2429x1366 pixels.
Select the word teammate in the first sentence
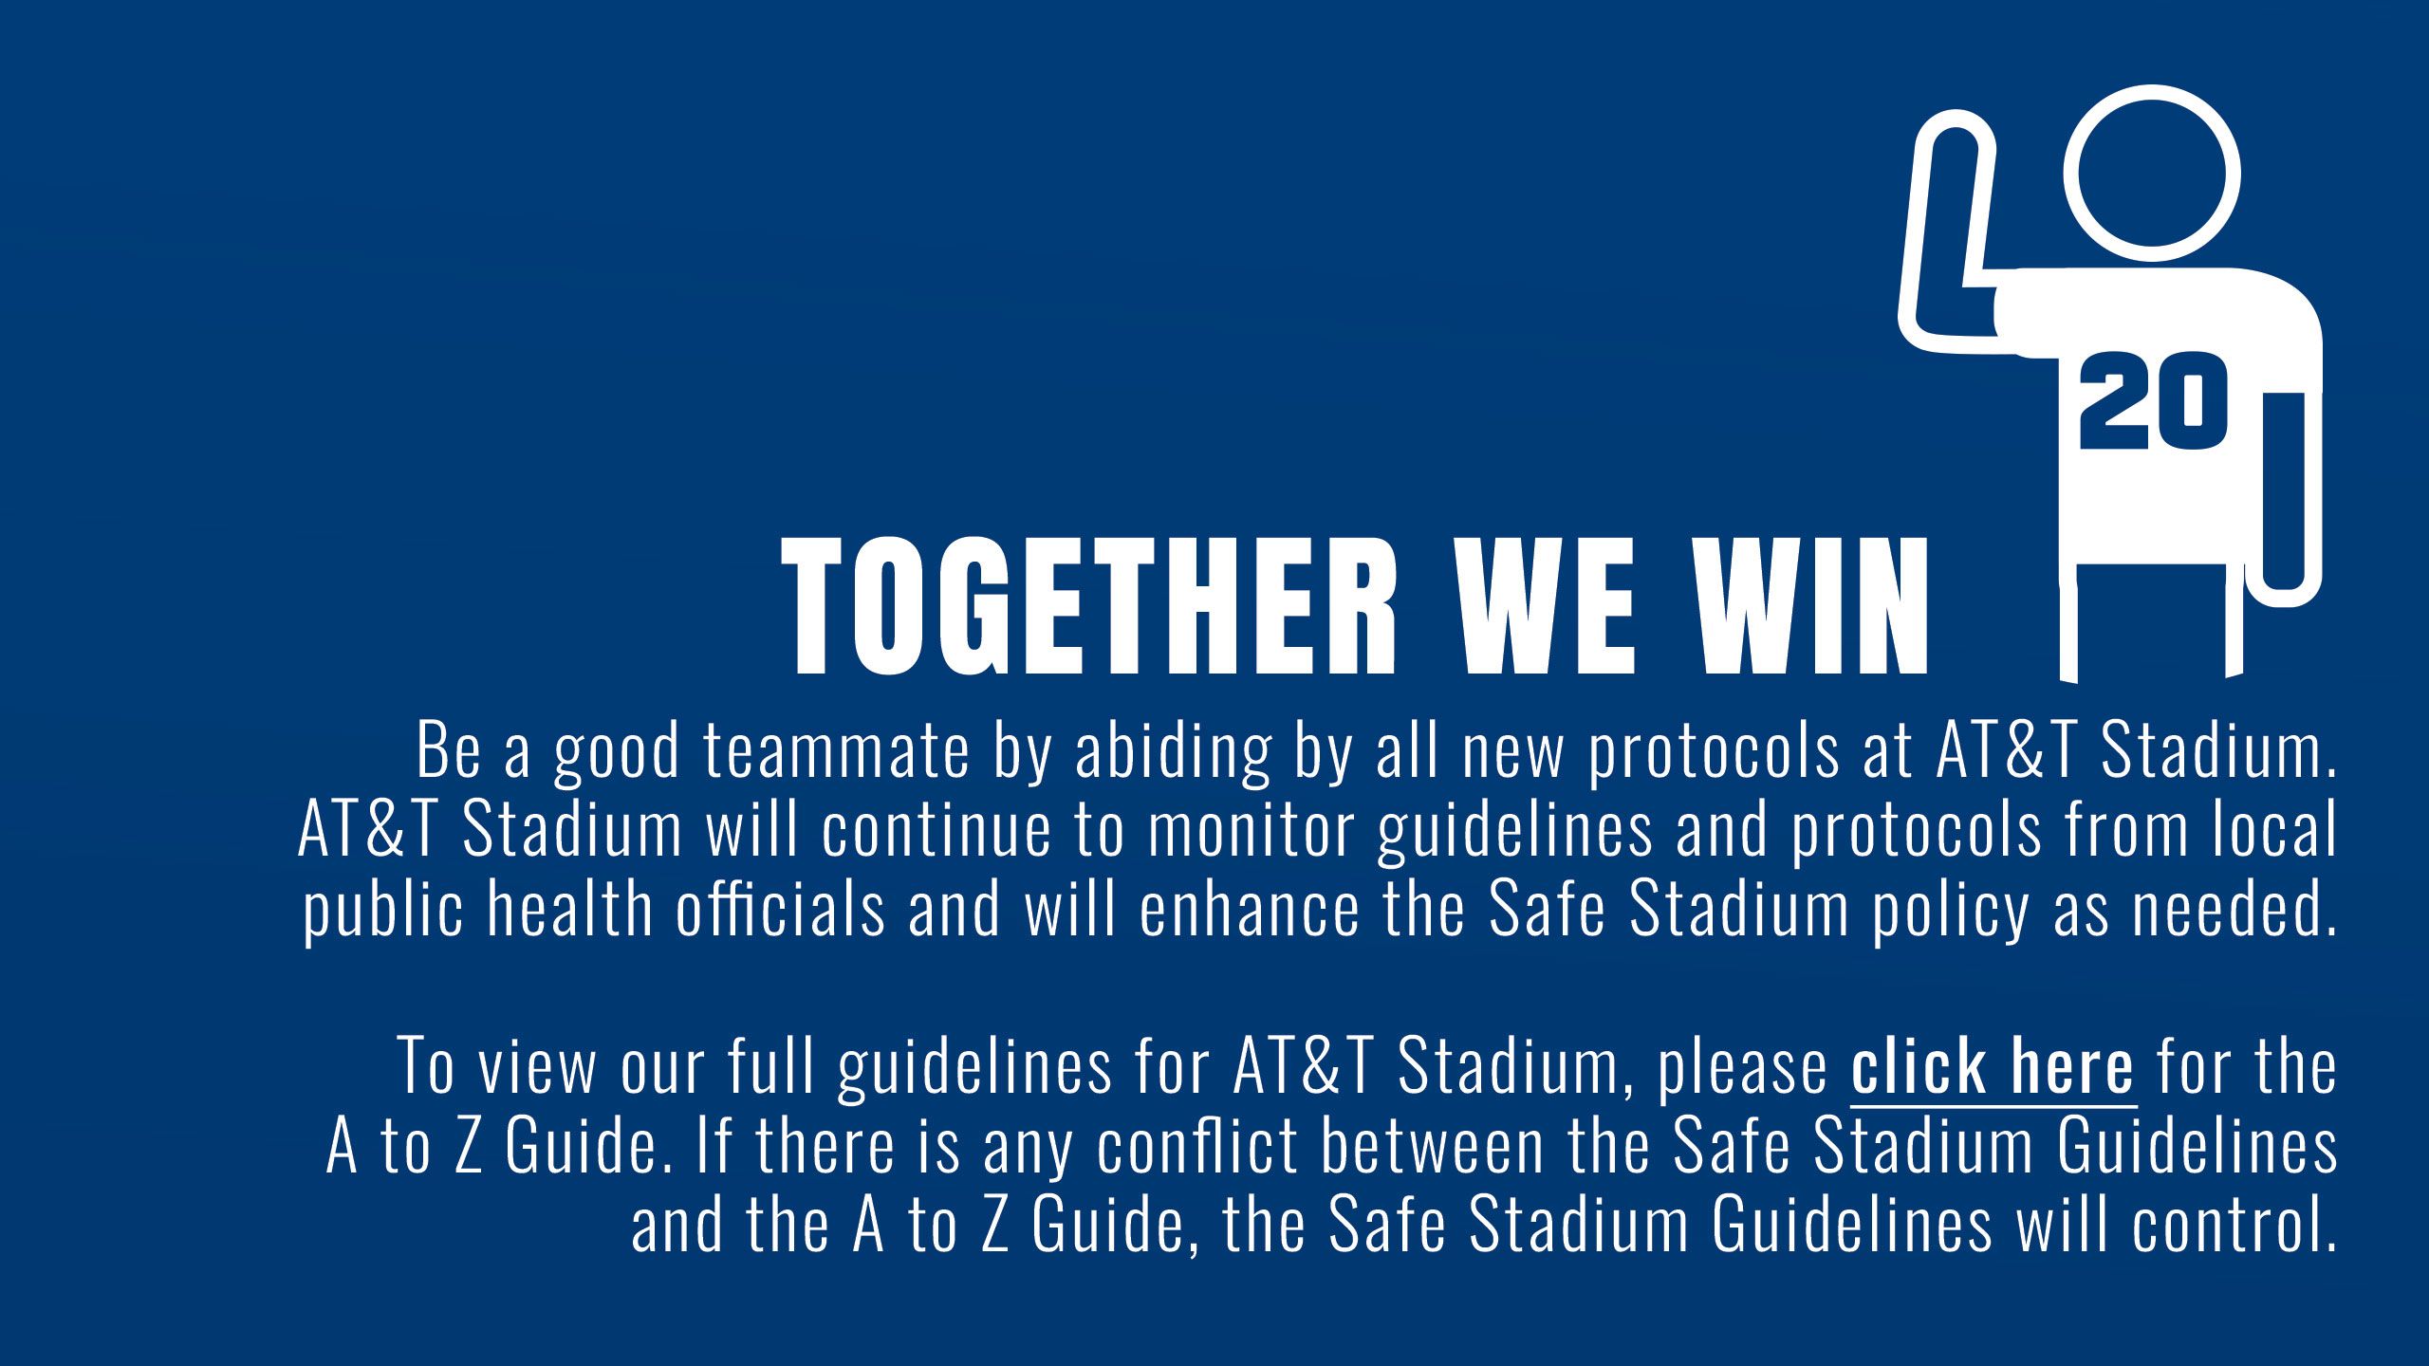tap(838, 751)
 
